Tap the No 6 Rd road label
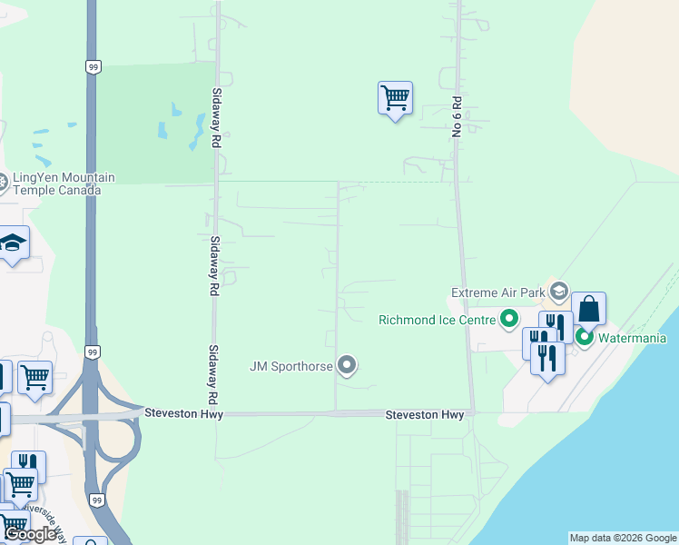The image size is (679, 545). pos(458,116)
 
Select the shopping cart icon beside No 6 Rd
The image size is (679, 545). pos(395,97)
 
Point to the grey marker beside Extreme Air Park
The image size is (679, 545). pos(559,292)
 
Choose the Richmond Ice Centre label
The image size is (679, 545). pos(437,320)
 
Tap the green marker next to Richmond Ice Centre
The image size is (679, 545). pos(509,319)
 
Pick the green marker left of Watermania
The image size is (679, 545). pos(585,338)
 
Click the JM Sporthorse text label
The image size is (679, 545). pos(290,367)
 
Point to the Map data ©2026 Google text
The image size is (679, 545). pos(623,538)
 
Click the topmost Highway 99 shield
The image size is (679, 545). pos(93,66)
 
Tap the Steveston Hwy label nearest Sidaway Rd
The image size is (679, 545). pos(182,413)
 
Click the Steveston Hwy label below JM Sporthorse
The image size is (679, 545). pos(425,414)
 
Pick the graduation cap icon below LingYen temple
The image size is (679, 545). pos(14,243)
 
